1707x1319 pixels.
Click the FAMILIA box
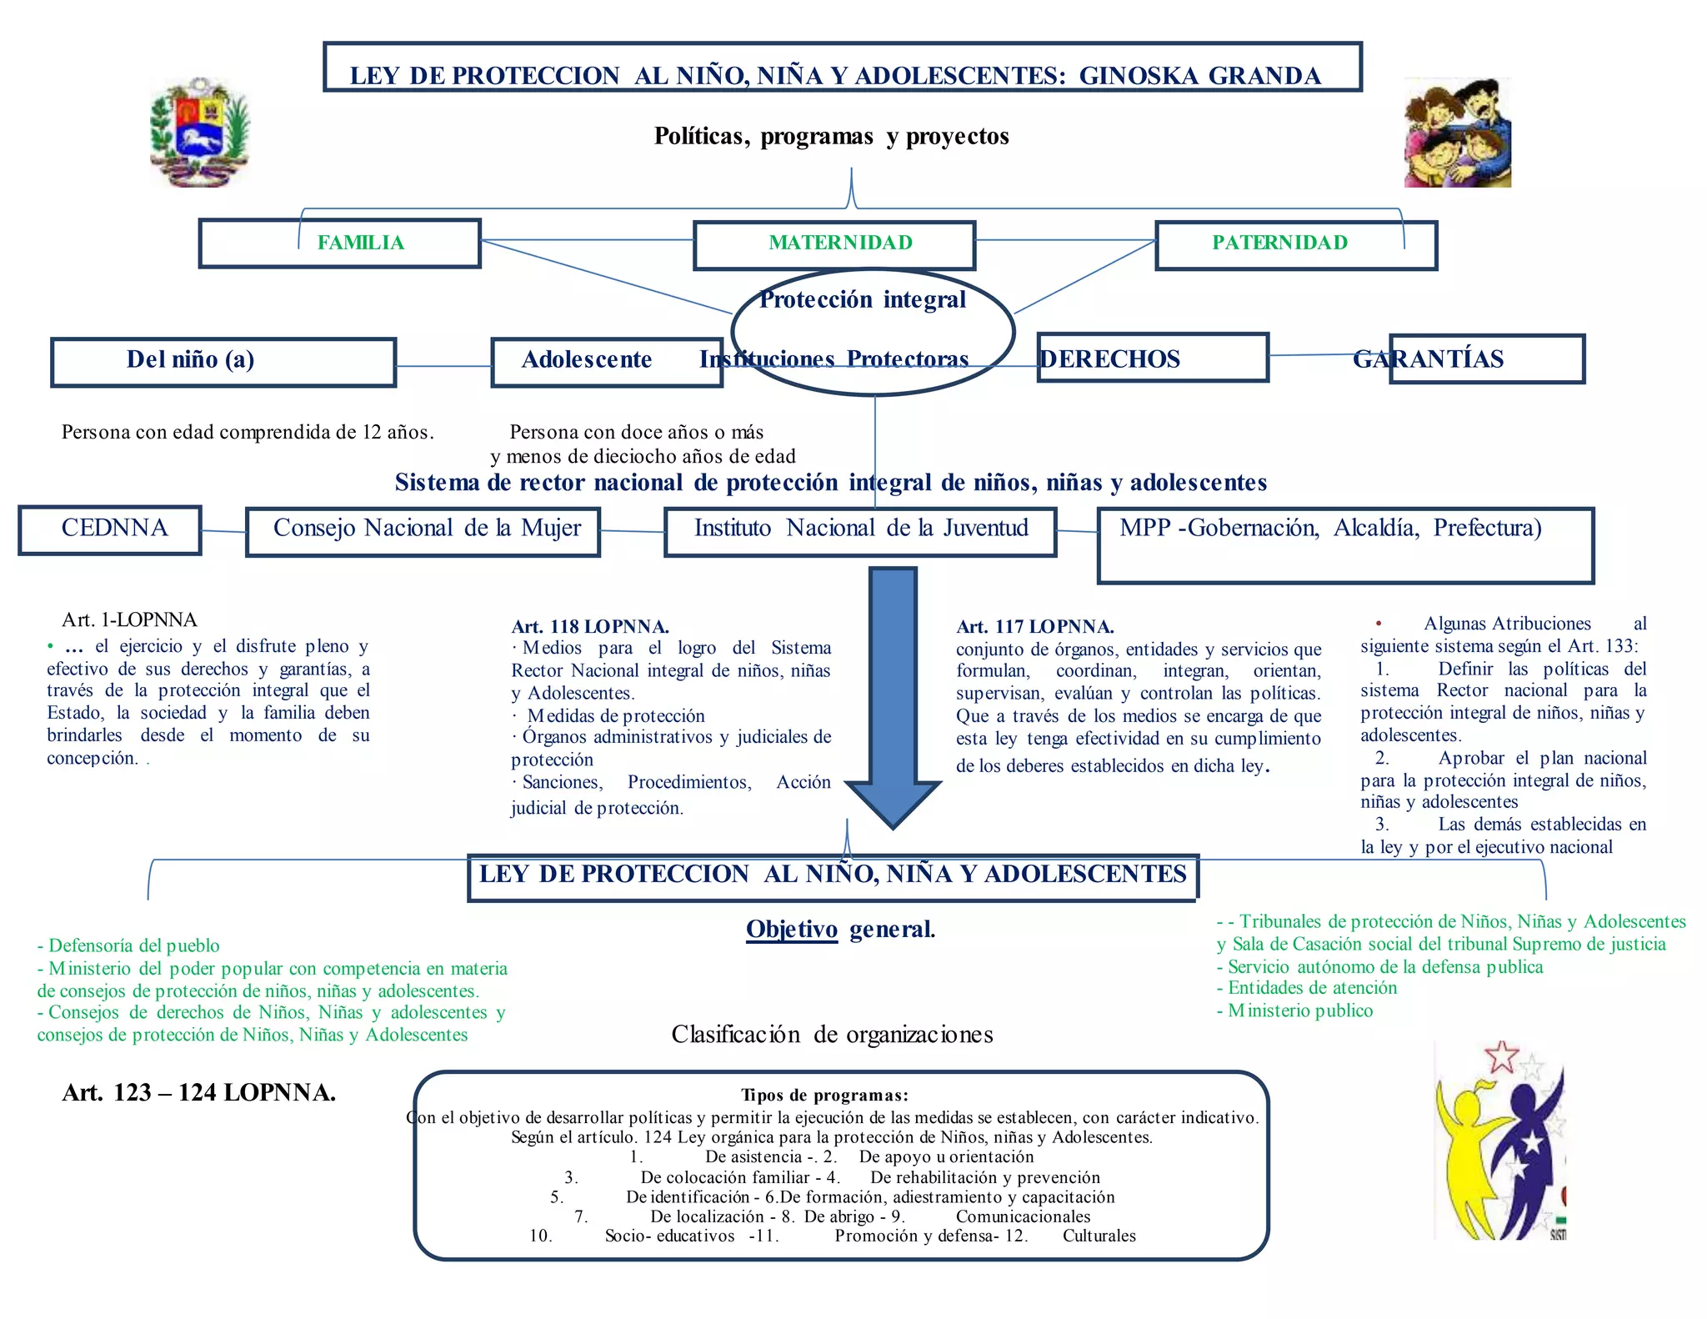click(x=340, y=243)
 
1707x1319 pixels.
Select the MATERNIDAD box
click(x=834, y=244)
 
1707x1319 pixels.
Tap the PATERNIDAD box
click(x=1296, y=244)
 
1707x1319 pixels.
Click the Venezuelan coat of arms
click(x=200, y=132)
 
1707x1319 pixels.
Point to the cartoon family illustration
click(x=1457, y=133)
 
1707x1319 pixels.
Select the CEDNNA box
click(x=110, y=529)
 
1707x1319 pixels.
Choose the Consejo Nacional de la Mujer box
click(x=423, y=531)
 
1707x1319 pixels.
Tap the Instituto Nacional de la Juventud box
click(x=860, y=531)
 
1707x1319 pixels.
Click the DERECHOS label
click(x=1110, y=359)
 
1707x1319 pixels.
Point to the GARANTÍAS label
click(x=1429, y=359)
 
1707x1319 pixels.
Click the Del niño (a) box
click(x=223, y=362)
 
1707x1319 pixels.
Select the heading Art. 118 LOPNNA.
click(x=590, y=626)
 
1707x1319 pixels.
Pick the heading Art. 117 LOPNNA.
click(x=1035, y=626)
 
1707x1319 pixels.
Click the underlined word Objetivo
click(x=791, y=929)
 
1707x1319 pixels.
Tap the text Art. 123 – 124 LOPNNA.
click(x=198, y=1092)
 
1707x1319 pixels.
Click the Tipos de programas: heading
click(x=824, y=1095)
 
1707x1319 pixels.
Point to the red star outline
click(x=1501, y=1056)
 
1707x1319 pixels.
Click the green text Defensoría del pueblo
click(x=128, y=945)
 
